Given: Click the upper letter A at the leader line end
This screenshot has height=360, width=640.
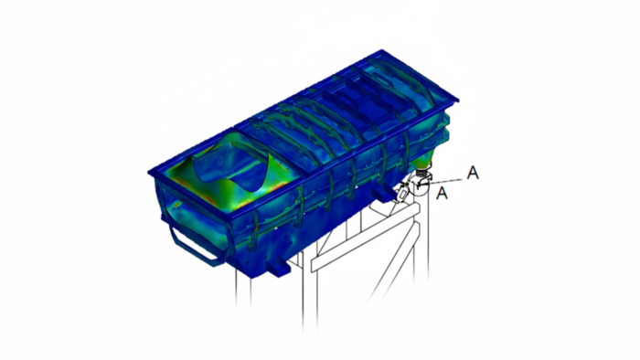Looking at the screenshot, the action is pyautogui.click(x=473, y=173).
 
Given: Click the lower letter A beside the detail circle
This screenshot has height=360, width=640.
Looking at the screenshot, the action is pyautogui.click(x=442, y=193).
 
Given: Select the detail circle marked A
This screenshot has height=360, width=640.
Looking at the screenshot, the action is pyautogui.click(x=420, y=185).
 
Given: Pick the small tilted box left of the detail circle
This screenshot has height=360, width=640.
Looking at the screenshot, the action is pyautogui.click(x=402, y=192).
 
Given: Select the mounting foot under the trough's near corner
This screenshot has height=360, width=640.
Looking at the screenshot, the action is pyautogui.click(x=278, y=268).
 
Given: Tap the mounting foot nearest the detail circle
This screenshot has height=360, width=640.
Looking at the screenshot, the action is pyautogui.click(x=385, y=192).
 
